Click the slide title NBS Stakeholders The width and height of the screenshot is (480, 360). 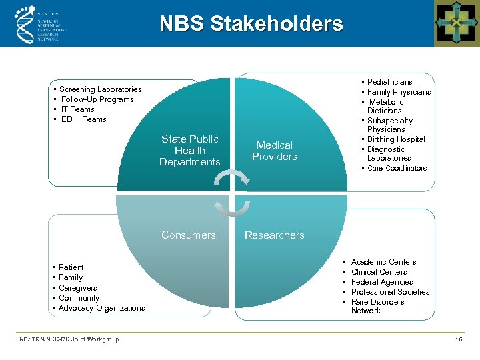point(251,24)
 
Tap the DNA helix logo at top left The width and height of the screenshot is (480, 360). point(25,23)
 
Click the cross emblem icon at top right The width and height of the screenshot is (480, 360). point(457,23)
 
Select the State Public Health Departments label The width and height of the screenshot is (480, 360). point(190,151)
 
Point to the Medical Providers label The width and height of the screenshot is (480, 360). point(275,151)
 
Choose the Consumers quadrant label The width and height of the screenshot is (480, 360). point(189,235)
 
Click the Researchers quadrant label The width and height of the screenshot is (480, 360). point(275,235)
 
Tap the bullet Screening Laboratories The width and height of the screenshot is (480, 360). point(101,89)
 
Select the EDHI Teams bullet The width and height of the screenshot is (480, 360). point(84,119)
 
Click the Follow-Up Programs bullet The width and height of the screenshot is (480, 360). point(97,99)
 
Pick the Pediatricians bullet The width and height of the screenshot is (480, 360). point(390,82)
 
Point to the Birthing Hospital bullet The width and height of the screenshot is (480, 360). point(396,139)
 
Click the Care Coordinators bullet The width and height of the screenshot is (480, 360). point(397,169)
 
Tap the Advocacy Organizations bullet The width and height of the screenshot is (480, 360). point(102,308)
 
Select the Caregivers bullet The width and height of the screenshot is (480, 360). point(78,288)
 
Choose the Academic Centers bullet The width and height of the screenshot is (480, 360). point(384,262)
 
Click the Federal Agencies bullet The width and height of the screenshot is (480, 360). point(383,282)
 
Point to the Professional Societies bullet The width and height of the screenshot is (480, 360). point(391,292)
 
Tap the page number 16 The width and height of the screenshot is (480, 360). point(459,339)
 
